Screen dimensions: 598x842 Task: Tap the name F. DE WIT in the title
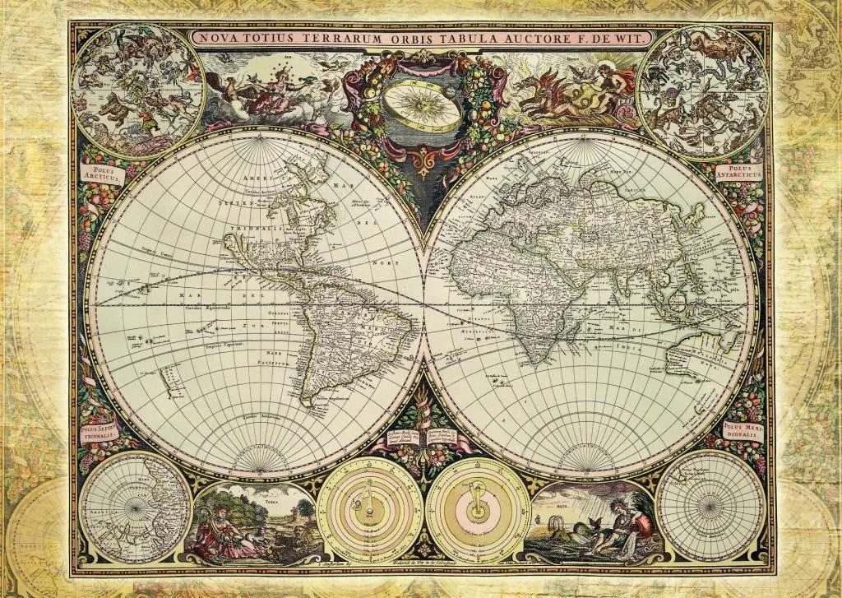click(621, 38)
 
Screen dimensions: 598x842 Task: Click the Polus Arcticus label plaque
click(101, 174)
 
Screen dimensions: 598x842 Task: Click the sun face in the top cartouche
click(423, 108)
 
